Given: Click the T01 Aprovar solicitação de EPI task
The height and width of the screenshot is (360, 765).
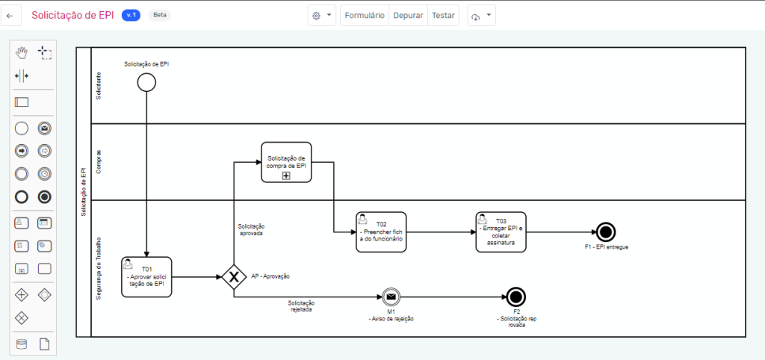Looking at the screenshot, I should (x=146, y=277).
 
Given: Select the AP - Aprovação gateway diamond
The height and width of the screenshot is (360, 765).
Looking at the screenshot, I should (x=234, y=277).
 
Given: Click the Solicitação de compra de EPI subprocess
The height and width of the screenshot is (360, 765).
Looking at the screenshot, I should (x=286, y=162).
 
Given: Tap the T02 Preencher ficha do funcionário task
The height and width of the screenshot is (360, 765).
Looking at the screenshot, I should (x=381, y=232).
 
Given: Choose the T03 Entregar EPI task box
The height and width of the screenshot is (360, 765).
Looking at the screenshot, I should (x=501, y=232).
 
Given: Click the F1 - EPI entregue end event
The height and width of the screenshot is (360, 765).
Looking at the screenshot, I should (x=606, y=232).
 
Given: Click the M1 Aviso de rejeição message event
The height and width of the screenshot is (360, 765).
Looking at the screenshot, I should (x=391, y=297).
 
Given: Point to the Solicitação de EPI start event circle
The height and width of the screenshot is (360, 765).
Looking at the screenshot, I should (x=146, y=82).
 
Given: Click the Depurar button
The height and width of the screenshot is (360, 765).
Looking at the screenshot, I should (x=408, y=15).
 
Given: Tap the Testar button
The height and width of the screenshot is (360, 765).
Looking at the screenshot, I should (x=443, y=15).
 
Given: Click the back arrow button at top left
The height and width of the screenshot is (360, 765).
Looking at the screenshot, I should (x=10, y=15).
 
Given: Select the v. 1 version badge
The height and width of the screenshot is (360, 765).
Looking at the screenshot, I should (x=131, y=15).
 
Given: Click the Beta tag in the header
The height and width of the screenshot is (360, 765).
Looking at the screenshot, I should (x=159, y=15).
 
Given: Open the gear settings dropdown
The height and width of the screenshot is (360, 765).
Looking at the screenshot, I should (x=322, y=15).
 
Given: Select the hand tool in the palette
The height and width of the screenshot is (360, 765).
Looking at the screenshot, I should (x=22, y=52).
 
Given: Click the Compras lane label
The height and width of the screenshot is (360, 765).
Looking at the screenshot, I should (x=99, y=161).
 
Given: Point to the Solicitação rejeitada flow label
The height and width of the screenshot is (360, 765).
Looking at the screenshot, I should (x=301, y=306).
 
